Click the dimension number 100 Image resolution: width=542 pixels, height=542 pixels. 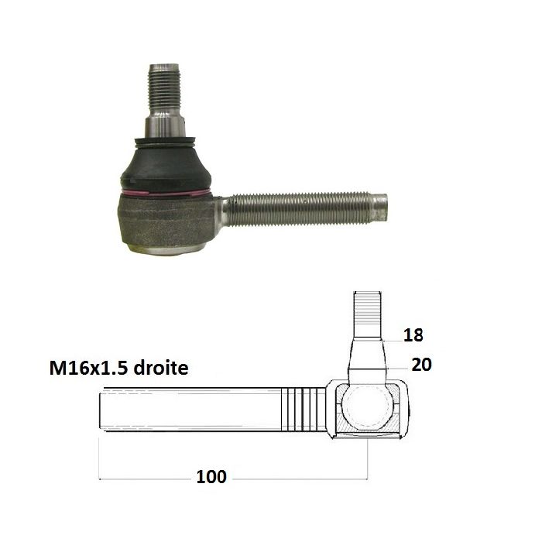coord(211,477)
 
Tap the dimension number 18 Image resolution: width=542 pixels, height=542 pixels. coord(413,335)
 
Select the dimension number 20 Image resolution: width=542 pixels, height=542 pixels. coord(421,365)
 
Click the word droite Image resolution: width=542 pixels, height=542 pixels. coord(161,368)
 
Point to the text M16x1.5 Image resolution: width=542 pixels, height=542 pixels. coord(89,368)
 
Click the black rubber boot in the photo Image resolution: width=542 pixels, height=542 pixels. coord(165,166)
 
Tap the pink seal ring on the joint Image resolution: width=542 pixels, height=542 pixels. coord(166,193)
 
